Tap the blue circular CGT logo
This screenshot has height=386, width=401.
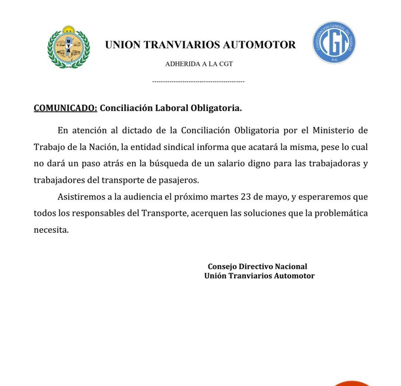334,43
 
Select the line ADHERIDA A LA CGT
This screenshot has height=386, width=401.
199,64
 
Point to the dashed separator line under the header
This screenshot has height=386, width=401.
198,81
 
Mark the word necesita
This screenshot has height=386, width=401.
51,231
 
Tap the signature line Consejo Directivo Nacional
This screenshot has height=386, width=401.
258,266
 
